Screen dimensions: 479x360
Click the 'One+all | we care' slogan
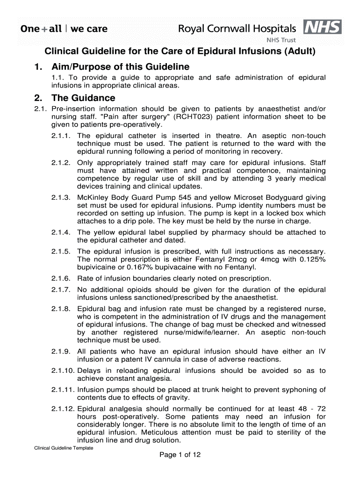pyautogui.click(x=64, y=29)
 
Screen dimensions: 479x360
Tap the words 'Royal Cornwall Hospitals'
pyautogui.click(x=237, y=29)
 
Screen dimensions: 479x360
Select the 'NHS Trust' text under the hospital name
pyautogui.click(x=281, y=40)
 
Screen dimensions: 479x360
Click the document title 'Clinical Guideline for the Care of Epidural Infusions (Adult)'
pyautogui.click(x=180, y=51)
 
